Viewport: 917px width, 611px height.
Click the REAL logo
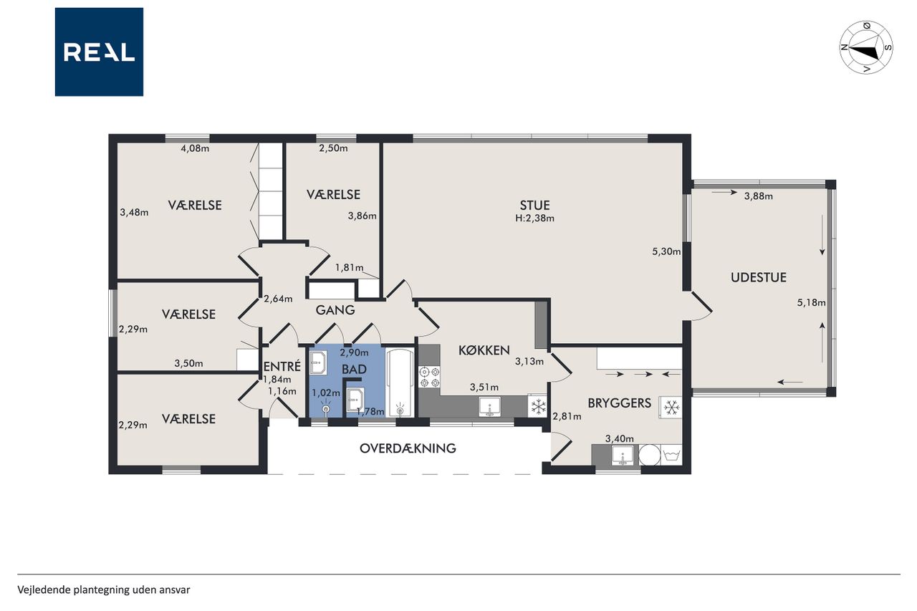[x=99, y=52]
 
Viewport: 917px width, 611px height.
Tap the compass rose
[x=866, y=47]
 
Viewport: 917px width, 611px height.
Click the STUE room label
[x=534, y=205]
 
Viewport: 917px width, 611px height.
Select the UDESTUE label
[x=759, y=277]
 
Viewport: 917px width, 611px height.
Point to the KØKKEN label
[x=484, y=350]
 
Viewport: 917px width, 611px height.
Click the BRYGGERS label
[x=620, y=403]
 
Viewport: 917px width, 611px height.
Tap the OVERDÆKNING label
[x=408, y=448]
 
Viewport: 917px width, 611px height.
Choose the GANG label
[x=335, y=310]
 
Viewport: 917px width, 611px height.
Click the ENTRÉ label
[x=282, y=365]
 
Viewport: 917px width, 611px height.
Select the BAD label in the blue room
[x=354, y=370]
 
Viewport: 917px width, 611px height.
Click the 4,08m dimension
[x=195, y=148]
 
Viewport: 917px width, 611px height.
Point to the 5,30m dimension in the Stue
[x=666, y=251]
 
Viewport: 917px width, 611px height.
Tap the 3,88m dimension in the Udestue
[x=759, y=196]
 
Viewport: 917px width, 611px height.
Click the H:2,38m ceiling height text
[x=534, y=218]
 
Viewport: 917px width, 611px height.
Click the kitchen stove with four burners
[x=429, y=377]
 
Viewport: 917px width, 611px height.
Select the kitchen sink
[x=489, y=407]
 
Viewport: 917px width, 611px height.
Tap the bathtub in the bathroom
[x=400, y=383]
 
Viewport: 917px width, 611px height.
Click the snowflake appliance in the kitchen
[x=538, y=407]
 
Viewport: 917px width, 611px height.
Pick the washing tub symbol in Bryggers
[x=671, y=455]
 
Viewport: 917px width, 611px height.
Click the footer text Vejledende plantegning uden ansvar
[x=104, y=590]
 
